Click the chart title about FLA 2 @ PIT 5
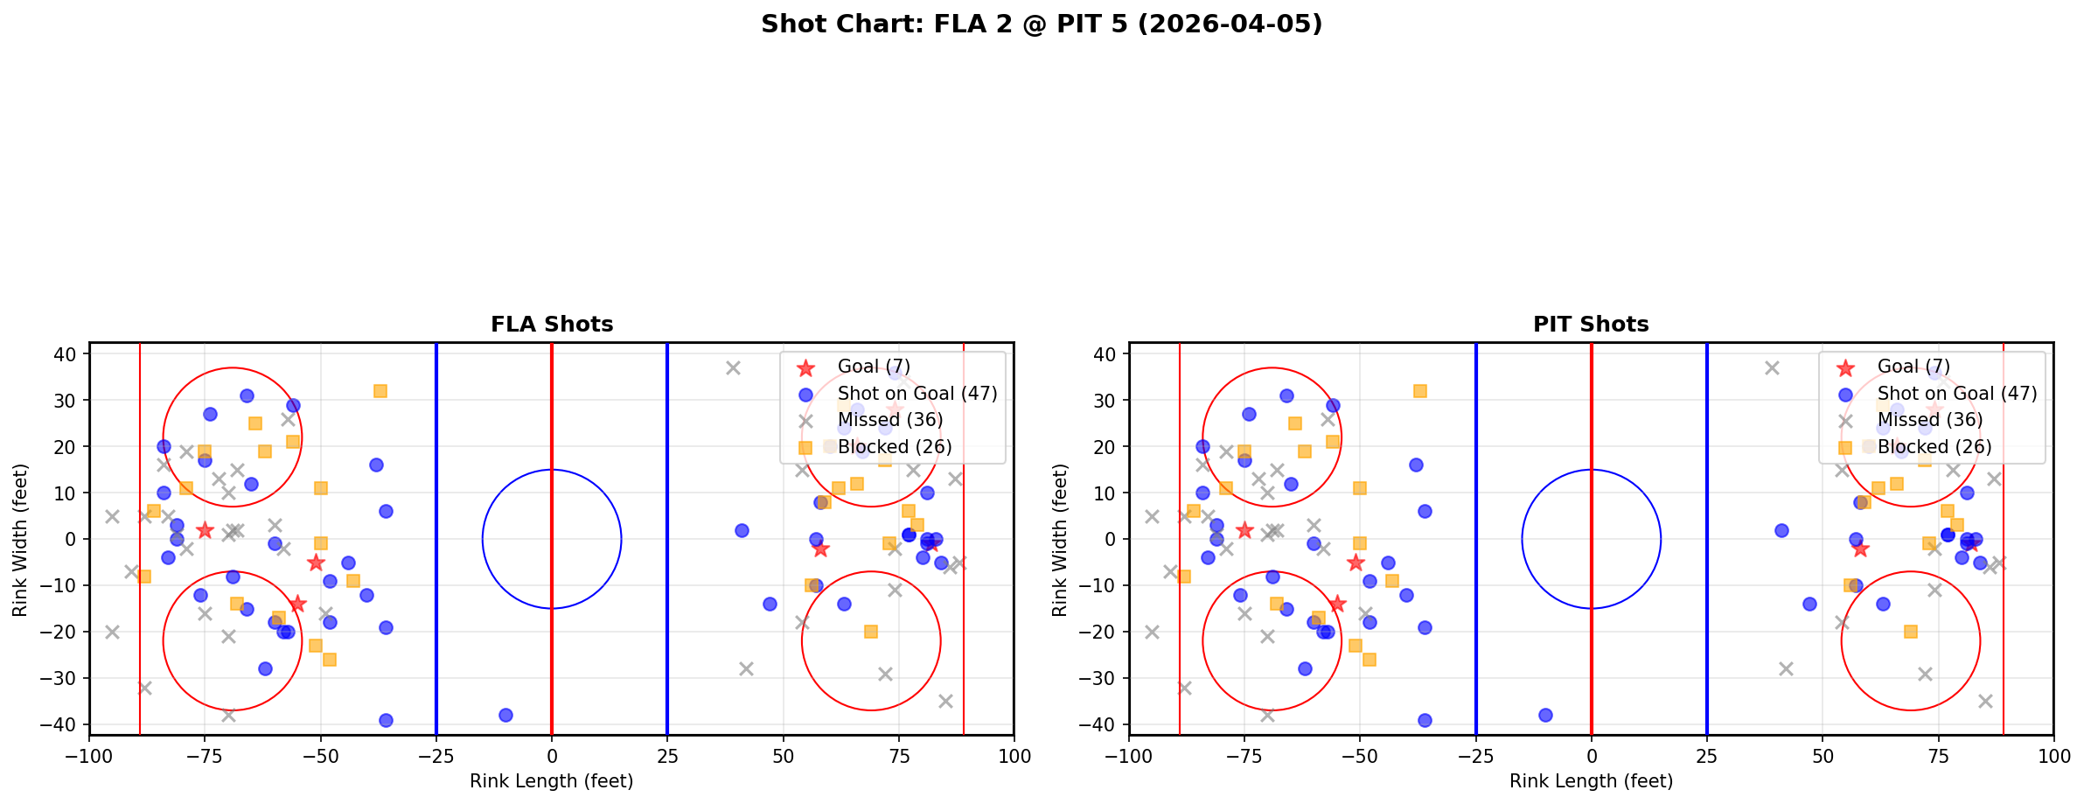point(1041,24)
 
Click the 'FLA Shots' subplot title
point(552,325)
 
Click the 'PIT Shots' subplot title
point(1591,325)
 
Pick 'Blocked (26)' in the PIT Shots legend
point(1934,447)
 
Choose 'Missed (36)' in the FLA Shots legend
point(890,420)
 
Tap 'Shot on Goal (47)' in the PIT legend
point(1957,394)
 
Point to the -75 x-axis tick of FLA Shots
point(206,756)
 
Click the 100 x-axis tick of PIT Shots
point(2053,756)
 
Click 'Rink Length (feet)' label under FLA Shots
point(552,781)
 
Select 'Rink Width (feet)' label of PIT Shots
point(1060,539)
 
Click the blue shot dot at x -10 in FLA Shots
point(505,715)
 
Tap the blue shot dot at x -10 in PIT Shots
point(1545,715)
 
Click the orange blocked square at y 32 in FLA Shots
point(380,391)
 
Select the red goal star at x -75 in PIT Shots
point(1244,530)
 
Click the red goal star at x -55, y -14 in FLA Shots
point(297,604)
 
